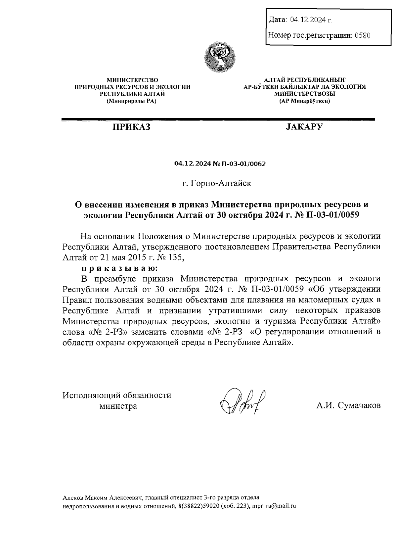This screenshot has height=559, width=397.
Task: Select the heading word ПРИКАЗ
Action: pyautogui.click(x=131, y=127)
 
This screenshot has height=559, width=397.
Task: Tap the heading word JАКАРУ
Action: pyautogui.click(x=304, y=127)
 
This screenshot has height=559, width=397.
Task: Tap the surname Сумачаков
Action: pyautogui.click(x=359, y=405)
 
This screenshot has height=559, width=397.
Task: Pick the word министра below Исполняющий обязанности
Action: pyautogui.click(x=118, y=406)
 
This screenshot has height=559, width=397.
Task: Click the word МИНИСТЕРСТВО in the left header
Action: pyautogui.click(x=132, y=80)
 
